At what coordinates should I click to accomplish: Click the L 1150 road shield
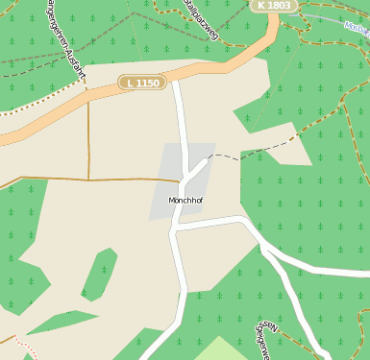(x=140, y=84)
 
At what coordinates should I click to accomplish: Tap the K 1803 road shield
(x=274, y=6)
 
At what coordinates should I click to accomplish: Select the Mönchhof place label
(x=185, y=201)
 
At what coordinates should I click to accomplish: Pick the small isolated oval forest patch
(x=99, y=274)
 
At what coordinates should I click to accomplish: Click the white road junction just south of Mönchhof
(x=175, y=231)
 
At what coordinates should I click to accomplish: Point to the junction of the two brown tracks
(x=88, y=180)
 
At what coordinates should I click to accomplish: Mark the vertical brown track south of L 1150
(x=88, y=139)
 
